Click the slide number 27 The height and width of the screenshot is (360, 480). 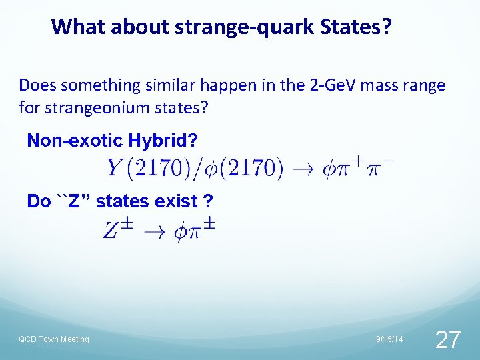(x=447, y=339)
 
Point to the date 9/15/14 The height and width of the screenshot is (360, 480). (x=389, y=339)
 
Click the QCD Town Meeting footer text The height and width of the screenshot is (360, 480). (x=54, y=339)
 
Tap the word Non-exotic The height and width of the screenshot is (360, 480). (x=73, y=141)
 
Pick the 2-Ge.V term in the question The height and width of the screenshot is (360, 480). (x=331, y=85)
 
